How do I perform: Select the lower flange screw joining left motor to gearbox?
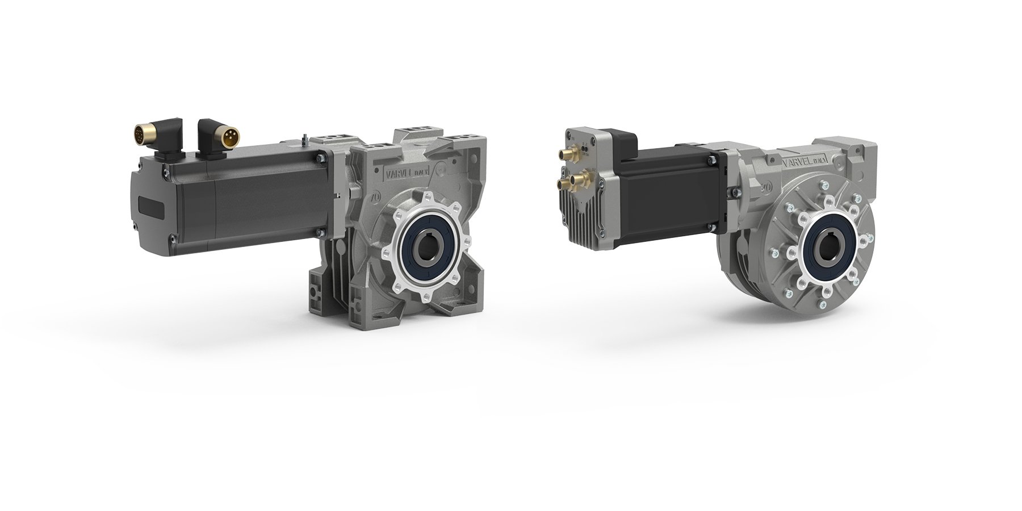321,232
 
